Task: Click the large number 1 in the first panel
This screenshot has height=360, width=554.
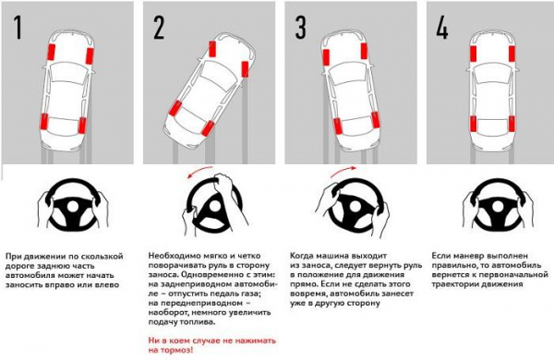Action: [x=18, y=27]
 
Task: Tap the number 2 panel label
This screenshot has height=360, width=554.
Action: [x=159, y=27]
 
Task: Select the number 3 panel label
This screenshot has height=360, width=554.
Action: [x=300, y=27]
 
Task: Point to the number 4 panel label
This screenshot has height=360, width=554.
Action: [x=442, y=27]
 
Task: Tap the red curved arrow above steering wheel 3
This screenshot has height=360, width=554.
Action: [x=343, y=170]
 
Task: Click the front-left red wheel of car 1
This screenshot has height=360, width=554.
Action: [x=53, y=53]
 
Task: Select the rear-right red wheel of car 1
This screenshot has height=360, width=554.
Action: [x=82, y=126]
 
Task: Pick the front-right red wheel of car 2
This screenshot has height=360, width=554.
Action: [x=245, y=69]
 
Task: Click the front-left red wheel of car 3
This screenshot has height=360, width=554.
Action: [x=326, y=57]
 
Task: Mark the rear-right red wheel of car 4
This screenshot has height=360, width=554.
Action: [x=511, y=124]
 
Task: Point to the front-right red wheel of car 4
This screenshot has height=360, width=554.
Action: [x=512, y=54]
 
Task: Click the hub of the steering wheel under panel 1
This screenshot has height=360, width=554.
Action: [x=72, y=208]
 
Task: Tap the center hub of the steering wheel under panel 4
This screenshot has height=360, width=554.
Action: [x=498, y=208]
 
